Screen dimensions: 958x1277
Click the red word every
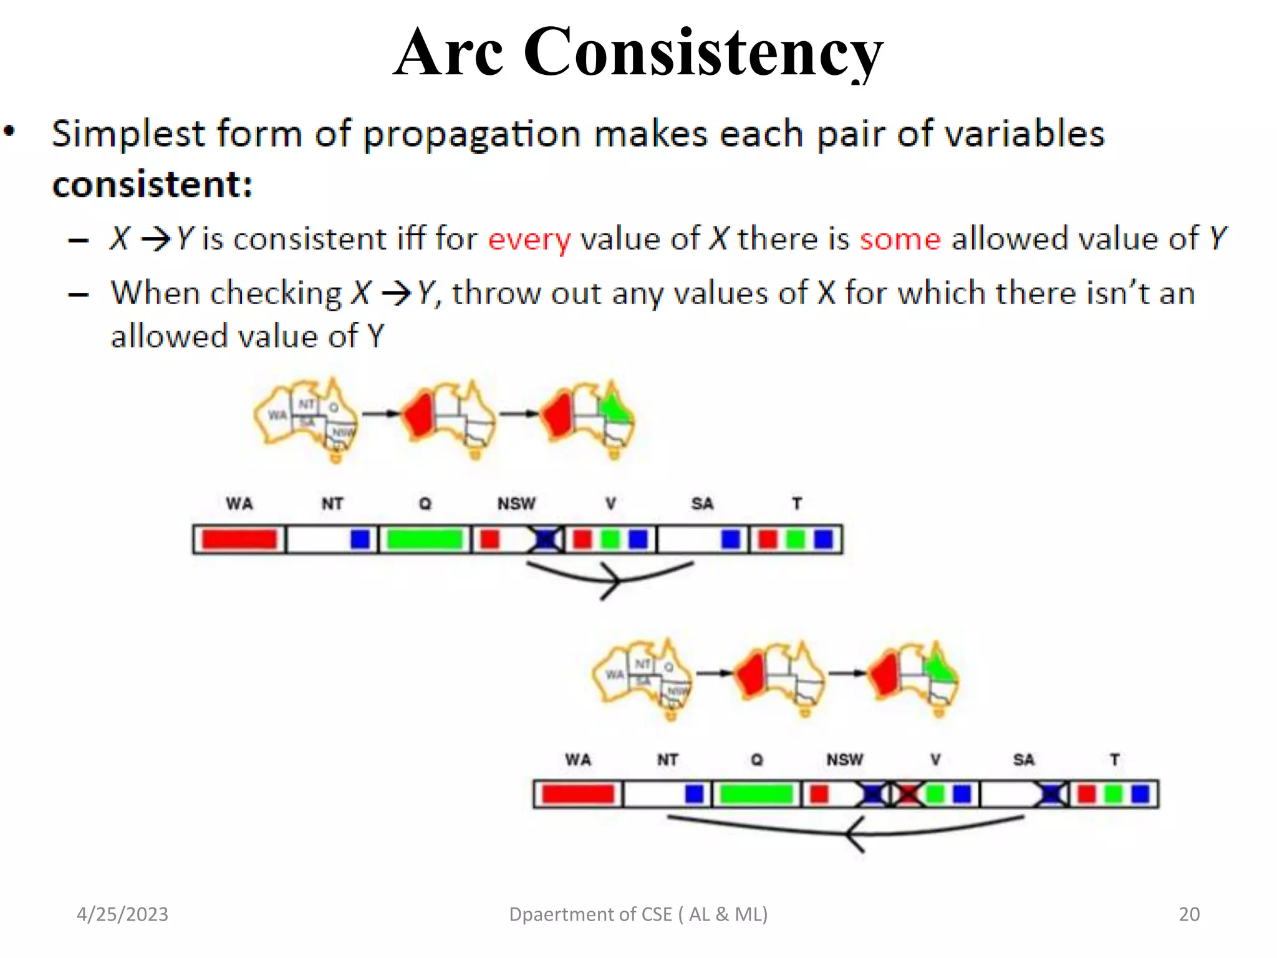(529, 239)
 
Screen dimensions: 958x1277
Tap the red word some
(900, 239)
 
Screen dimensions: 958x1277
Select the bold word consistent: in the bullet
(152, 185)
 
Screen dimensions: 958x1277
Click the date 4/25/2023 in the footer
(122, 914)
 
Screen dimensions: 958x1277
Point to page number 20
(1188, 914)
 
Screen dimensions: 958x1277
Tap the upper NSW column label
(516, 503)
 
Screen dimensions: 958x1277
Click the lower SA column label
(1023, 760)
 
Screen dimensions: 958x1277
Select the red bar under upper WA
(239, 539)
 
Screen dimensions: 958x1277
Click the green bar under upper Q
(424, 539)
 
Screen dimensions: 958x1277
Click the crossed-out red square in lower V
(908, 794)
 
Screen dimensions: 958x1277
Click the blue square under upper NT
(360, 539)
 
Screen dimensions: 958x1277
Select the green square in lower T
(1113, 794)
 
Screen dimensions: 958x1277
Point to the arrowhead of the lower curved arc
(852, 834)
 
